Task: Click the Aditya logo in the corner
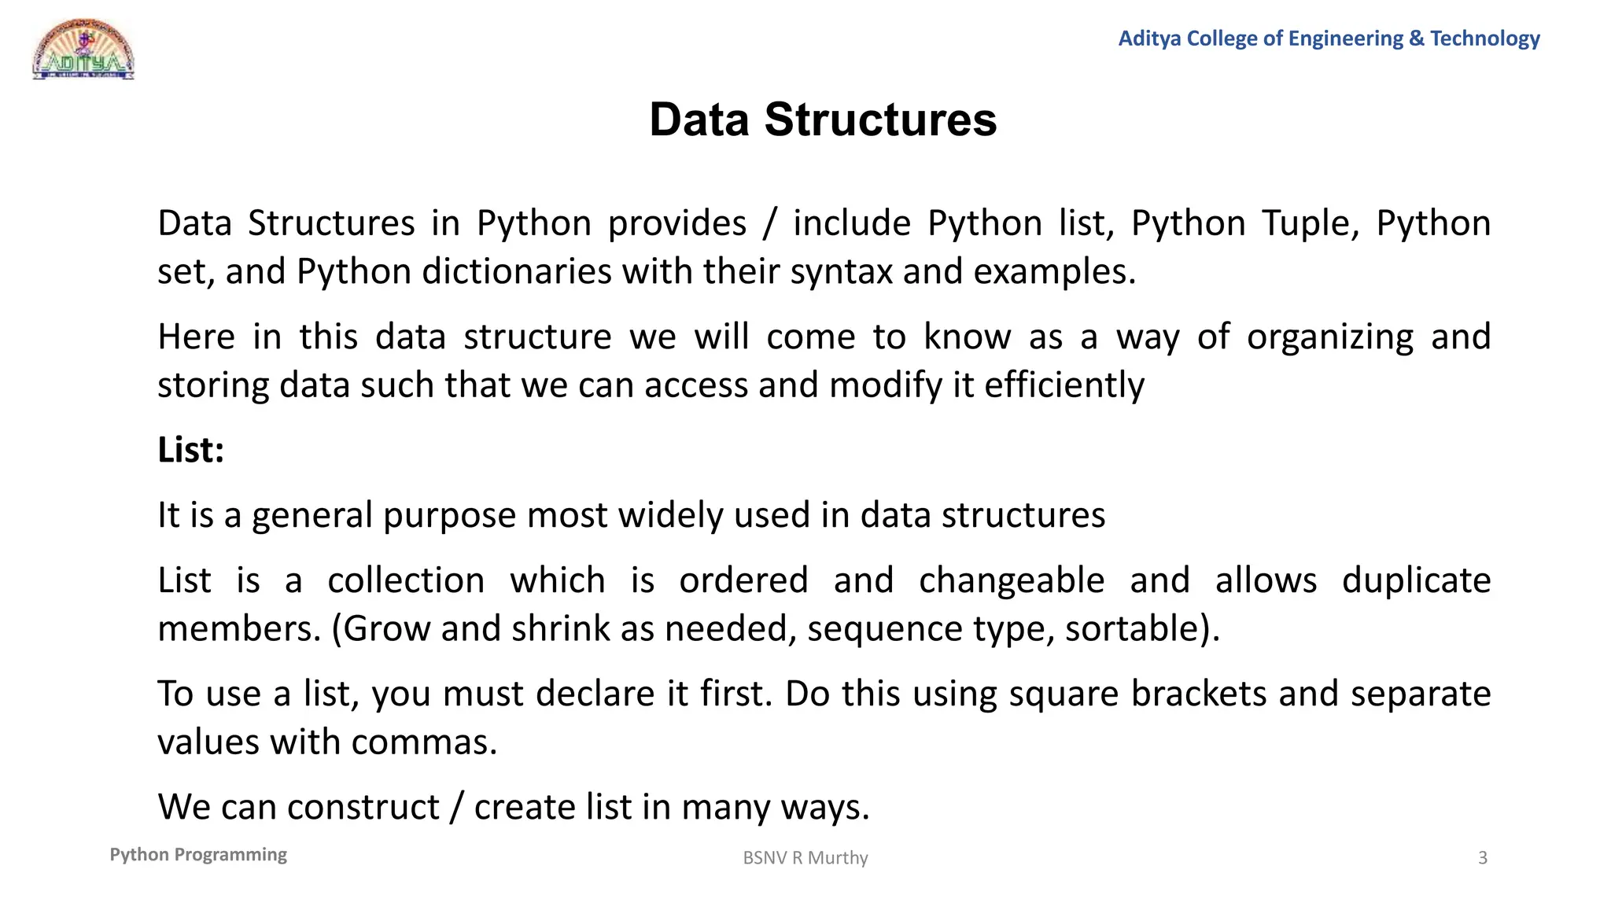[x=83, y=50]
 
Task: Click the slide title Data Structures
[x=823, y=120]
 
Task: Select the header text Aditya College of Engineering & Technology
[x=1329, y=38]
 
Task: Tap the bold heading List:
[x=191, y=450]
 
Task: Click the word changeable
[x=1012, y=580]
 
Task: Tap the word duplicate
[x=1416, y=580]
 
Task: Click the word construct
[x=363, y=808]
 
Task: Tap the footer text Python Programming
[x=198, y=855]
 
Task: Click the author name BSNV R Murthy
[x=805, y=858]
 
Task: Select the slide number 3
[x=1483, y=858]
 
